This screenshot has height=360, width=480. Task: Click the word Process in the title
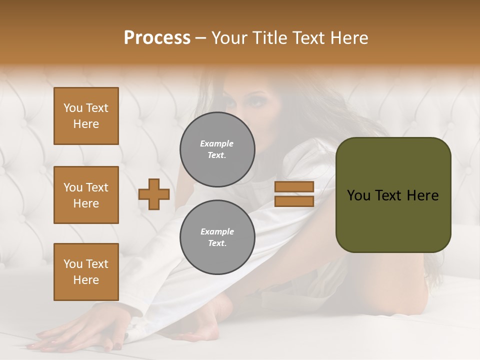point(157,38)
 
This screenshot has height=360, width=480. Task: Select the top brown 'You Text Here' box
point(86,116)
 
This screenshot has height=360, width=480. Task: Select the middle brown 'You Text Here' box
point(86,195)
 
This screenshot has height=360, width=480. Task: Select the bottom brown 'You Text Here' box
point(86,272)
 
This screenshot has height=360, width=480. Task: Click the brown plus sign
point(154,194)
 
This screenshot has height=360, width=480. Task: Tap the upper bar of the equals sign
point(294,186)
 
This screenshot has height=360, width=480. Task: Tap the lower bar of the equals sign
point(294,201)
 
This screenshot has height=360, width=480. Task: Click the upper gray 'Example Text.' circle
point(217,149)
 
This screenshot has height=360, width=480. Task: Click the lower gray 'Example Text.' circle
point(217,237)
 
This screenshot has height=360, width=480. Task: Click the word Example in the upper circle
point(216,143)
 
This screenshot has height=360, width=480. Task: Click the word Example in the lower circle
point(217,231)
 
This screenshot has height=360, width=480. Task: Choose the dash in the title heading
point(200,38)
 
